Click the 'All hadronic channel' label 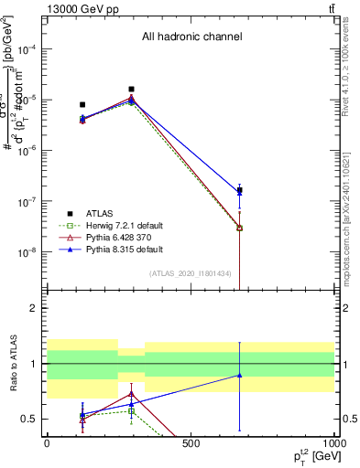point(191,37)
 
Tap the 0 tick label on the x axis point(47,444)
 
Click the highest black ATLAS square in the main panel point(131,90)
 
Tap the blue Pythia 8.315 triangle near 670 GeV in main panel point(239,192)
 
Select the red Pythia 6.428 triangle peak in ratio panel point(131,393)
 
